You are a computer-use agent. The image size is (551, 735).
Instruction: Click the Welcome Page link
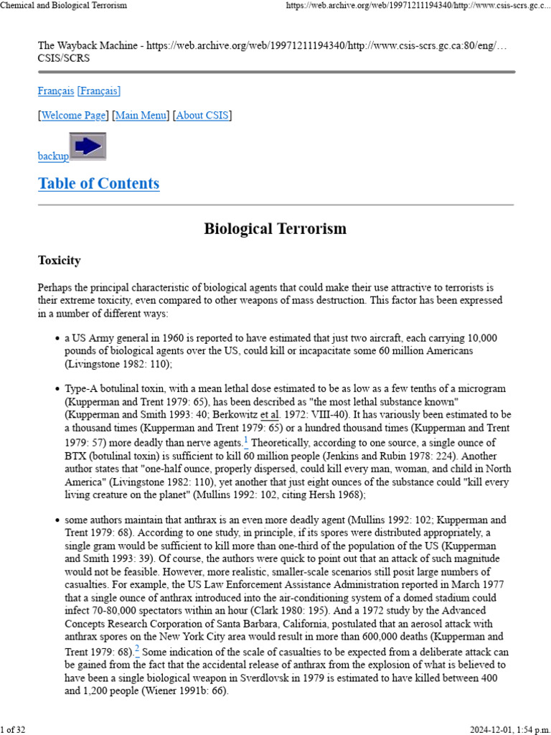(x=74, y=116)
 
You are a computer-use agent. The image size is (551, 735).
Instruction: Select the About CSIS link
(x=202, y=116)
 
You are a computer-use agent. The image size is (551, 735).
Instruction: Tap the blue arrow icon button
(x=88, y=146)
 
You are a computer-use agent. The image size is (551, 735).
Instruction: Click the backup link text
(x=53, y=156)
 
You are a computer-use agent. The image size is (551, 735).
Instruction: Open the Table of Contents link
(x=98, y=184)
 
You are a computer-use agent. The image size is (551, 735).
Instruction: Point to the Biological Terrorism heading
(x=275, y=229)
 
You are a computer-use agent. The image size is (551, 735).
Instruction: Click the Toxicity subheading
(x=59, y=261)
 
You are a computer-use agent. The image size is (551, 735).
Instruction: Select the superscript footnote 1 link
(x=246, y=441)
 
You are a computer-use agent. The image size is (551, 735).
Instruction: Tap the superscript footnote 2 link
(x=137, y=650)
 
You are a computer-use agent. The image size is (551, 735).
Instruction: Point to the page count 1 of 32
(x=13, y=730)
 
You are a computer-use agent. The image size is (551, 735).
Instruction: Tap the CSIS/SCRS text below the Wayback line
(x=64, y=57)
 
